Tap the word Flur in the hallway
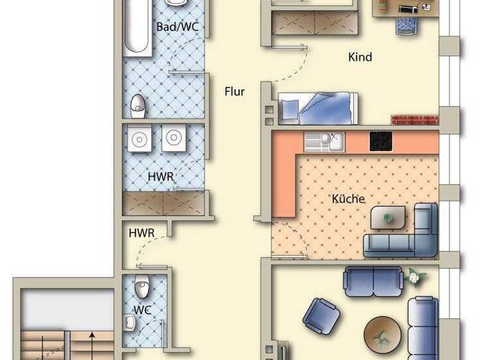(x=234, y=91)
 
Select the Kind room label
(x=360, y=57)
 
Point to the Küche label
(x=348, y=198)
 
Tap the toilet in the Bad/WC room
(x=138, y=106)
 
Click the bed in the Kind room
(x=318, y=107)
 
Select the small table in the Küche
(x=389, y=217)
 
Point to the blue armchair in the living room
(x=320, y=314)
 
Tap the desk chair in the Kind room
(x=405, y=26)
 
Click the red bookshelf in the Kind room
(x=415, y=120)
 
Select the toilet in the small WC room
(x=143, y=285)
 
